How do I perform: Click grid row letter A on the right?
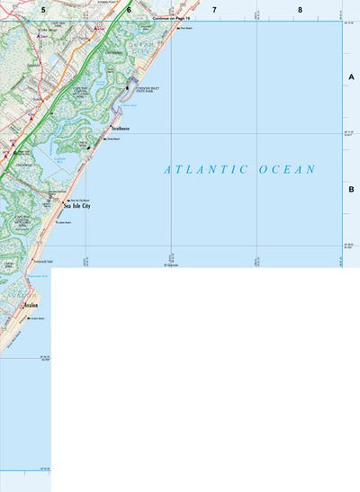coord(352,78)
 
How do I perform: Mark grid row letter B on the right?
coord(352,189)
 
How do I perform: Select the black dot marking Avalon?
coord(23,305)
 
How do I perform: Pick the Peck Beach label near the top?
coord(187,29)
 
